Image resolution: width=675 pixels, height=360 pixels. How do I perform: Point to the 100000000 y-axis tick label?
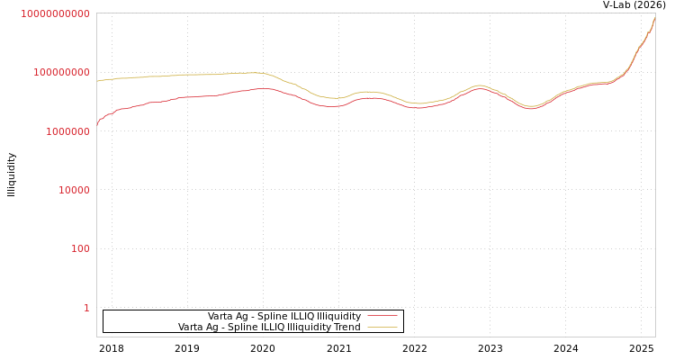(60, 72)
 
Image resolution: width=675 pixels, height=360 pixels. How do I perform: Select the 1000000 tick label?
(66, 131)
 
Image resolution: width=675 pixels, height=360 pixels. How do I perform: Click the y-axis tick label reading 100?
(80, 248)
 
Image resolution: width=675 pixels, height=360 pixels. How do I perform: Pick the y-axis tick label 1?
(86, 308)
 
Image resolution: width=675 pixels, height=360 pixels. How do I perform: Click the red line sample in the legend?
(382, 317)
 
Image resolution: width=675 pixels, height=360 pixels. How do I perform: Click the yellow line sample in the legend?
(382, 328)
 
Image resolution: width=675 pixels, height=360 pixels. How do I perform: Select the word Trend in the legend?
(346, 328)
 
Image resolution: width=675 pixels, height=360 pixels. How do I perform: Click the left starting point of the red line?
(97, 125)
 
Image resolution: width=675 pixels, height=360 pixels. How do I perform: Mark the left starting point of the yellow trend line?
(97, 81)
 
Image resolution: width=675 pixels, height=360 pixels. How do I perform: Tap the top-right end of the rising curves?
(654, 16)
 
